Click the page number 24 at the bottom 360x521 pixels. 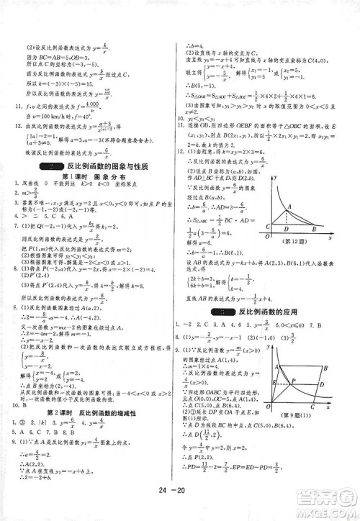coord(170,505)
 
